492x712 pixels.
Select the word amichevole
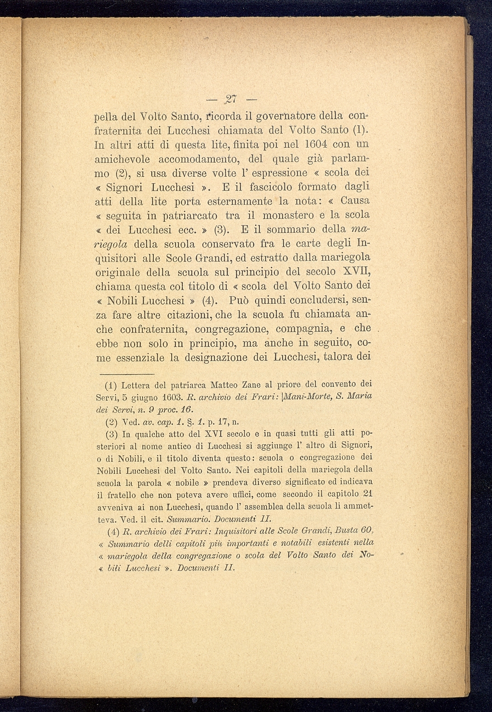point(122,159)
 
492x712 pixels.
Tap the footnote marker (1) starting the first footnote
point(110,384)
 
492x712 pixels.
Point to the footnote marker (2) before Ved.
point(110,421)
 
